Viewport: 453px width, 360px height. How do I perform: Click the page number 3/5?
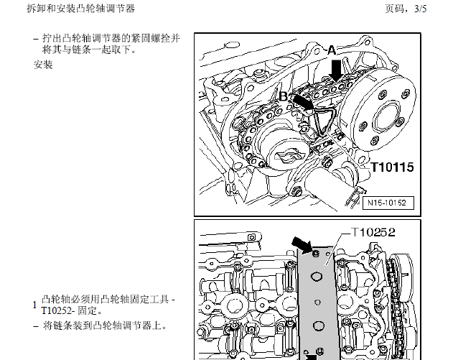[421, 9]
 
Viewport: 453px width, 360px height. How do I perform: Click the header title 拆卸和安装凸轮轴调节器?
[81, 9]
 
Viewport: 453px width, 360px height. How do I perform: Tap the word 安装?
[43, 65]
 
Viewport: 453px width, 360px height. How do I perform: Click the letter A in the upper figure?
[332, 50]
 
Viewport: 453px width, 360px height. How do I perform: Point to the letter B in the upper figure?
[284, 96]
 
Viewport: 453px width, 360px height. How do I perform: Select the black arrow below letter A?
[336, 70]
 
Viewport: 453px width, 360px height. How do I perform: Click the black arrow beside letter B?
[304, 103]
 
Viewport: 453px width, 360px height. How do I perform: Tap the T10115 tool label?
[392, 167]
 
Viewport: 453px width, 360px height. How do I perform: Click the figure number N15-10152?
[387, 203]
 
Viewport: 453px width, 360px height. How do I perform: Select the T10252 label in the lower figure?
[373, 232]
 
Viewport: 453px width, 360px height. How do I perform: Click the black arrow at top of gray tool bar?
[302, 245]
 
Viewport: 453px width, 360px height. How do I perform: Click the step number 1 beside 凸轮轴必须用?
[35, 305]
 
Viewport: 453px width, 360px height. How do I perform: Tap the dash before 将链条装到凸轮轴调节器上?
[36, 326]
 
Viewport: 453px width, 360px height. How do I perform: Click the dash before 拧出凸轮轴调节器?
[36, 39]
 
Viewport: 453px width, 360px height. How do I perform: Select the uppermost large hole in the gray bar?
[317, 276]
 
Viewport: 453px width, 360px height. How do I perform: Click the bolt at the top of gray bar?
[316, 254]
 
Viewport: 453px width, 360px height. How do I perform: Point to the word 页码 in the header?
[394, 9]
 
